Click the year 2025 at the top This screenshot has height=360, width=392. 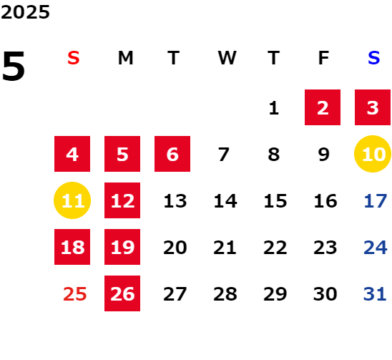[25, 12]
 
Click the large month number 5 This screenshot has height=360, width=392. [14, 66]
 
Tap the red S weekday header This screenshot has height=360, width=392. [74, 58]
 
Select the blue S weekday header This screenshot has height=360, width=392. [374, 58]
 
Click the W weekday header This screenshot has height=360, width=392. [227, 58]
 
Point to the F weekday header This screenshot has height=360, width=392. [324, 58]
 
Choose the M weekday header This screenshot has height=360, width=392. [125, 58]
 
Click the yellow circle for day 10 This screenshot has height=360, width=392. [373, 154]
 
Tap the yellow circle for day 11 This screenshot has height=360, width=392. [72, 200]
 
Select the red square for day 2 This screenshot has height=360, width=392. [323, 107]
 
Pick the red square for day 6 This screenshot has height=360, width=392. [172, 154]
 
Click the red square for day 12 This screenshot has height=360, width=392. [122, 200]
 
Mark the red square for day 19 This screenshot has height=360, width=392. [122, 247]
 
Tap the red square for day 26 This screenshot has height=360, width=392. [122, 293]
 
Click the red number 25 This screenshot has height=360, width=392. [74, 293]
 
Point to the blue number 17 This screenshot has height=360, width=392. [376, 200]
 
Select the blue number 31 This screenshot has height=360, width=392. [375, 293]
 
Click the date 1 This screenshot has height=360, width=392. [274, 108]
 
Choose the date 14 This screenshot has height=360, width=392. [225, 200]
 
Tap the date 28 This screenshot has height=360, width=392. [225, 293]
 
